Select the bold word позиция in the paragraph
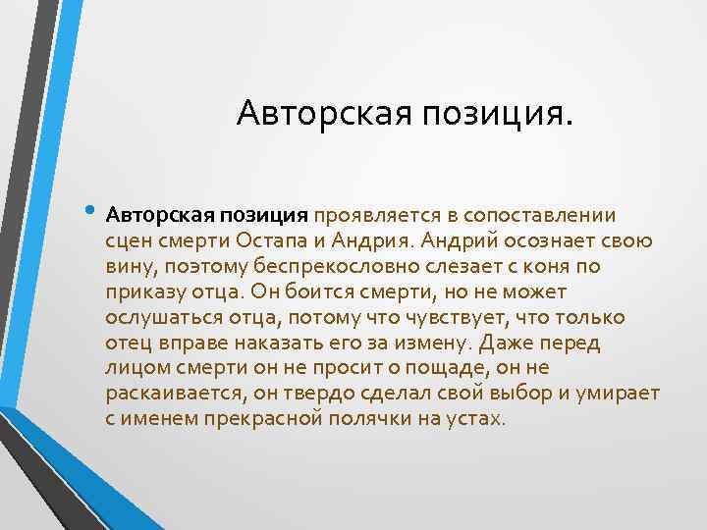(x=270, y=215)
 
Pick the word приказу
(x=140, y=291)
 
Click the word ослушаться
(x=156, y=317)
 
